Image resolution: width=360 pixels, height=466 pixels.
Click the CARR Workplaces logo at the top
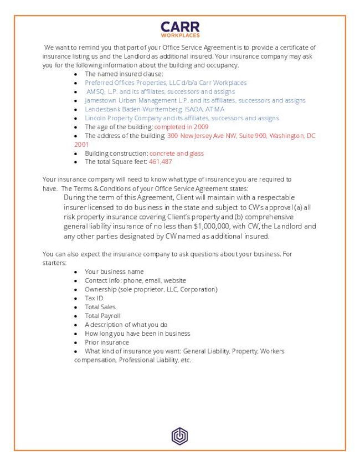pos(180,29)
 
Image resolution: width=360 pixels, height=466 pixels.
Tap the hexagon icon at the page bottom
pos(180,436)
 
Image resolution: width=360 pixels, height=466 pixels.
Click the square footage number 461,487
pos(160,162)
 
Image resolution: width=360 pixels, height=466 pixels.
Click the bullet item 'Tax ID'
pos(94,298)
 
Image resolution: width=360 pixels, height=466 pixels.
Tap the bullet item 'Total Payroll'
pos(102,316)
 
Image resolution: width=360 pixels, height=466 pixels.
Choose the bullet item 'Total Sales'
pos(100,307)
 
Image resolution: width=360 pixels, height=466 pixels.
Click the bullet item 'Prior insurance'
pos(106,342)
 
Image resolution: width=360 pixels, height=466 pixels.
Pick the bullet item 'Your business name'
pos(114,272)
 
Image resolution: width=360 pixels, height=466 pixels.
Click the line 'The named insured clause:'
pos(124,74)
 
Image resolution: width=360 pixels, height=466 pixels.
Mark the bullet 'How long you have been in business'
pos(137,334)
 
